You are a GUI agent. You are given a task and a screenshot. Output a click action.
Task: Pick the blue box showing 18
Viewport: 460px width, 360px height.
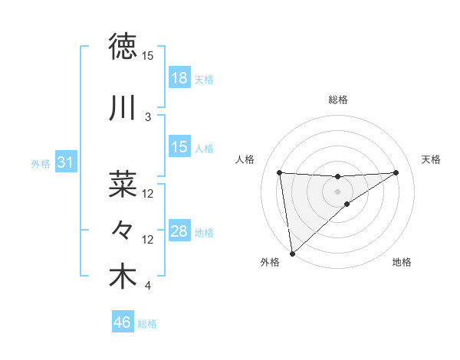179,78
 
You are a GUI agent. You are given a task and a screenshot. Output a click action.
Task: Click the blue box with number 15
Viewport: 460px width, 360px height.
179,147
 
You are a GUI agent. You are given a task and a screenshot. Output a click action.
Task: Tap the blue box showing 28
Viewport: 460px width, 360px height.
179,232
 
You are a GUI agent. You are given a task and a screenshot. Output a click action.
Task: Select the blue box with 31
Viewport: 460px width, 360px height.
65,163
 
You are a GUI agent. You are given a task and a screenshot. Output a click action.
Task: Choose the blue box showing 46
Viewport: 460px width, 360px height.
123,323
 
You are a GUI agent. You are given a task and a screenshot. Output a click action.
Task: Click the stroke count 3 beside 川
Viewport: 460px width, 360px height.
148,117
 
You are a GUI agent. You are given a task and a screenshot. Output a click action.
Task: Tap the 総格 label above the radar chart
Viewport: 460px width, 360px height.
338,100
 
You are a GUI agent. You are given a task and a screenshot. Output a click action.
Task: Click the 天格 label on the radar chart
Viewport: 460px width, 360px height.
432,159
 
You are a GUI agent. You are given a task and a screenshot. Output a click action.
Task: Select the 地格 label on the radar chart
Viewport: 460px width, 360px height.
402,262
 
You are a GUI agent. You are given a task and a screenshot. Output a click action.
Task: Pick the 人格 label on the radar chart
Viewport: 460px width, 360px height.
246,159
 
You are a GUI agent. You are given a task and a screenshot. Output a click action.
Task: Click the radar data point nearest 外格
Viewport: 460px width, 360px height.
292,253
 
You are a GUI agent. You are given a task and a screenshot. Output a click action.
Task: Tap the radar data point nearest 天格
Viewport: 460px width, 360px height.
396,172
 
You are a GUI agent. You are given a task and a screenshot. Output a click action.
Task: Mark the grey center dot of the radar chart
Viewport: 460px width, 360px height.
338,191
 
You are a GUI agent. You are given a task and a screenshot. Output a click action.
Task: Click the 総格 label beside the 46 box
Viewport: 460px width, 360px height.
147,324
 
